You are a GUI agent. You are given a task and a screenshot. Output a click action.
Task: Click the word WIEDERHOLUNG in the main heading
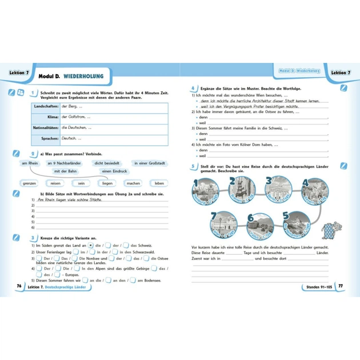tap(89, 76)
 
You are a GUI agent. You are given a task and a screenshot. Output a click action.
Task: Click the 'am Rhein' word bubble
tap(29, 163)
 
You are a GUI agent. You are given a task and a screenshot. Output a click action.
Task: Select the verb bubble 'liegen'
tap(107, 183)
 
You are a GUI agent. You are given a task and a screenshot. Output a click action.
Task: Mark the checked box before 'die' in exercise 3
tap(90, 245)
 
